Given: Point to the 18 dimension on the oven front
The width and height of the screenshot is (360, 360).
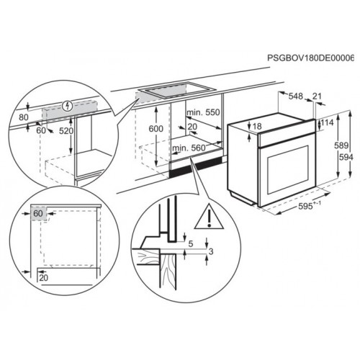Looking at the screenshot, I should pyautogui.click(x=257, y=127).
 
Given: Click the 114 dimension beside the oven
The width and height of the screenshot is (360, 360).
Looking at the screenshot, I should pyautogui.click(x=328, y=123).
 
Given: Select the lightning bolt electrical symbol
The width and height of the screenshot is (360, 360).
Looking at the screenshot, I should pyautogui.click(x=68, y=102).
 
